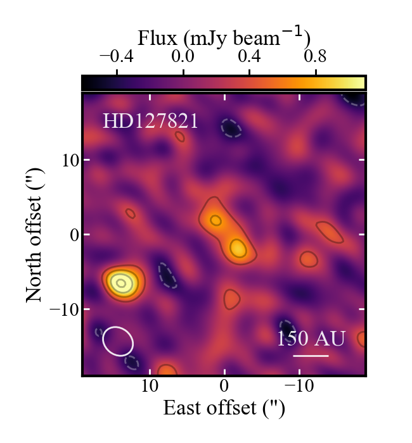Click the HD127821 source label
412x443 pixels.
[150, 120]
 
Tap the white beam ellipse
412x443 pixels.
[118, 340]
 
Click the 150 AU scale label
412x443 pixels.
[311, 339]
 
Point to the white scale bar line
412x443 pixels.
[311, 356]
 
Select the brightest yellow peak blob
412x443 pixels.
[120, 282]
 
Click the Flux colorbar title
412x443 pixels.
[223, 36]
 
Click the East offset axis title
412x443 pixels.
[224, 408]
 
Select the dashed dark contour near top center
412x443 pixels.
[231, 128]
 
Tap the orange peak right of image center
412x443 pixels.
[238, 248]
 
